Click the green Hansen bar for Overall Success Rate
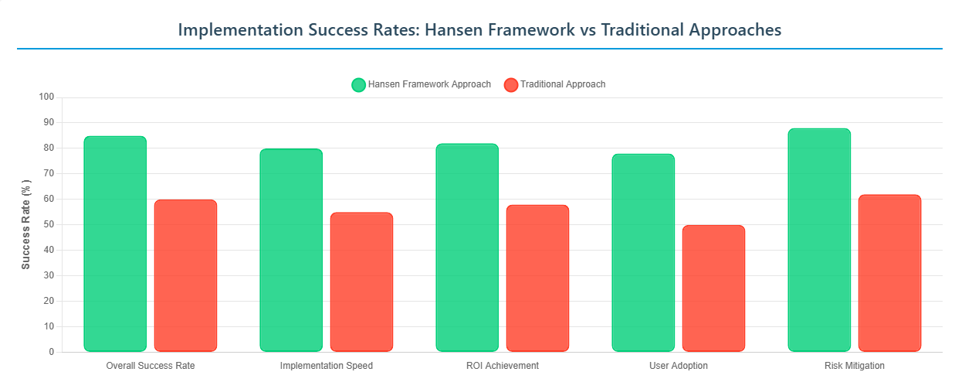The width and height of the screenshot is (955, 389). tap(115, 244)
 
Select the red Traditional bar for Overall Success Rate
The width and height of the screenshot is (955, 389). tap(185, 275)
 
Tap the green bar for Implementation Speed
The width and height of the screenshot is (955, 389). tap(291, 250)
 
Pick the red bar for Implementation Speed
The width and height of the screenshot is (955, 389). tap(361, 282)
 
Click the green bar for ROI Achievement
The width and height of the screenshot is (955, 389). tap(467, 247)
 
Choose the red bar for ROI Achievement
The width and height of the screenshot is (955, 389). tap(537, 278)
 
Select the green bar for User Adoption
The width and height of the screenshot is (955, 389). tap(643, 252)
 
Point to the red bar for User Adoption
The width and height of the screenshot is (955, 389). tap(713, 288)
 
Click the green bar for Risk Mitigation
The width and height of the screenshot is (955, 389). tap(819, 240)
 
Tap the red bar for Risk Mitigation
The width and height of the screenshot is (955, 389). tap(889, 273)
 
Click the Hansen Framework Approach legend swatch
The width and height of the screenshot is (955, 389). tap(358, 85)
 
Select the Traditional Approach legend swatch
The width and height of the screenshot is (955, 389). tap(510, 85)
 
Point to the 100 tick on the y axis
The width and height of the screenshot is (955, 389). tap(46, 97)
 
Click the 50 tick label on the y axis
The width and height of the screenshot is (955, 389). tap(49, 225)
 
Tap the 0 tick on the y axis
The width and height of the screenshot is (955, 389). tap(51, 353)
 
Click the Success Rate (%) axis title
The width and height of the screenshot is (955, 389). tap(26, 224)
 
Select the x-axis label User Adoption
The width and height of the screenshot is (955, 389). tap(679, 366)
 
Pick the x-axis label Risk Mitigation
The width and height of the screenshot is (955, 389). tap(855, 366)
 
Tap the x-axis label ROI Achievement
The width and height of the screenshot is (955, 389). tap(503, 366)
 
